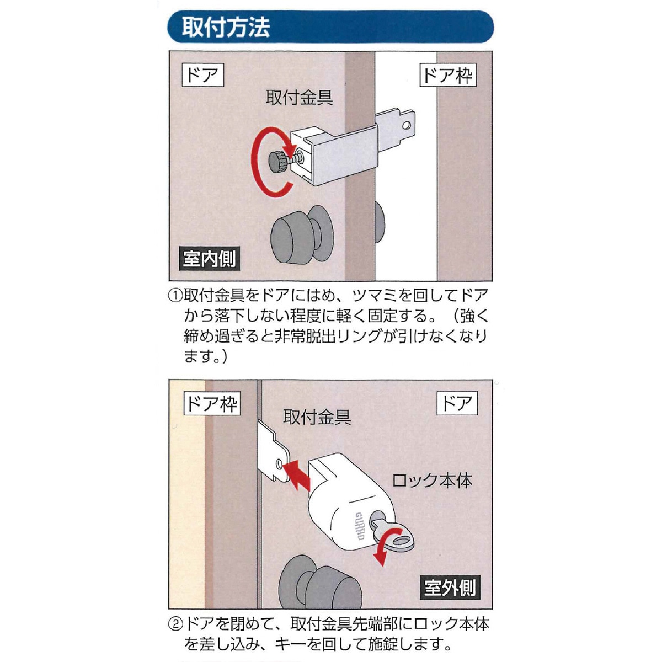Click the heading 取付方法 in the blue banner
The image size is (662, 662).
[226, 27]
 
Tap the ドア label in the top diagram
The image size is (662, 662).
[202, 74]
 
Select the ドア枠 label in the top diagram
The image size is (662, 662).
[448, 74]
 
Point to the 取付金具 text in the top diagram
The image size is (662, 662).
[299, 98]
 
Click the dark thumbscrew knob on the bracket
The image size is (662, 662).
[277, 162]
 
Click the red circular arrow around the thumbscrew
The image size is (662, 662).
[256, 162]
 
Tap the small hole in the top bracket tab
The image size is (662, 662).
[406, 125]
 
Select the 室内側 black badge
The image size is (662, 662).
[209, 258]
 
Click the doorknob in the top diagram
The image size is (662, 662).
[301, 234]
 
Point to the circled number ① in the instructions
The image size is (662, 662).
[175, 296]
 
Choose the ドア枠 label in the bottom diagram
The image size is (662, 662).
[212, 403]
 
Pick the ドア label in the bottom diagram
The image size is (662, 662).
[457, 403]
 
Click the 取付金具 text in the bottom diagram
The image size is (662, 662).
[317, 417]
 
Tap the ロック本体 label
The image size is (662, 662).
[432, 481]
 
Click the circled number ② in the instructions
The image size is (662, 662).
[175, 624]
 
